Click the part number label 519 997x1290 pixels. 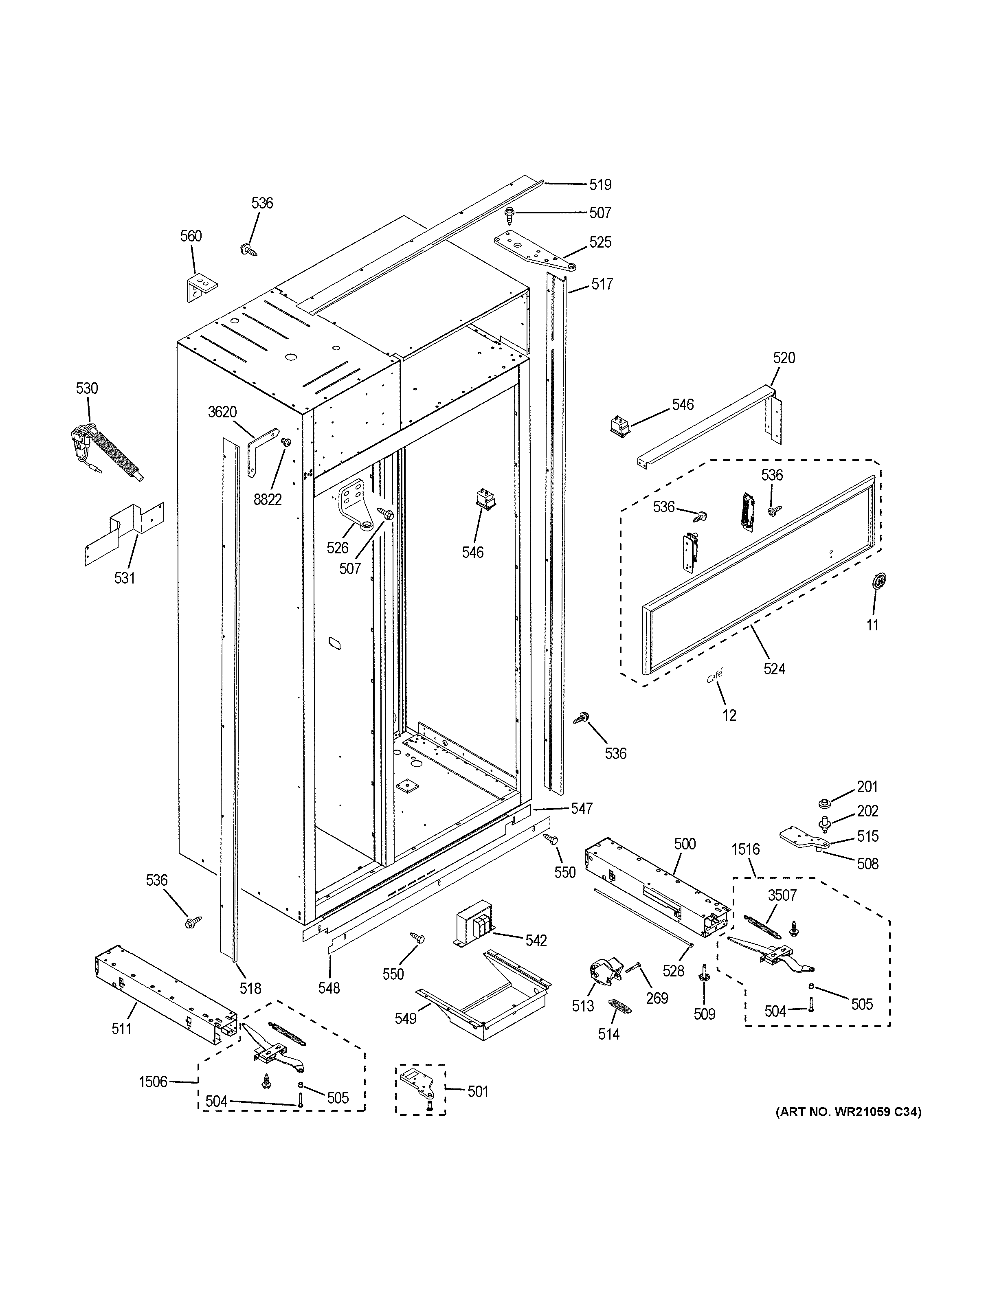[600, 185]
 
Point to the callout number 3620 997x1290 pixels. [222, 412]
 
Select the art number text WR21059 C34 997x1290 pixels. [848, 1112]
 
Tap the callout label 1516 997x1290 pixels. [745, 850]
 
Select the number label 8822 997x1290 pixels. [268, 500]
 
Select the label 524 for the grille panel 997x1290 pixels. [774, 669]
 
